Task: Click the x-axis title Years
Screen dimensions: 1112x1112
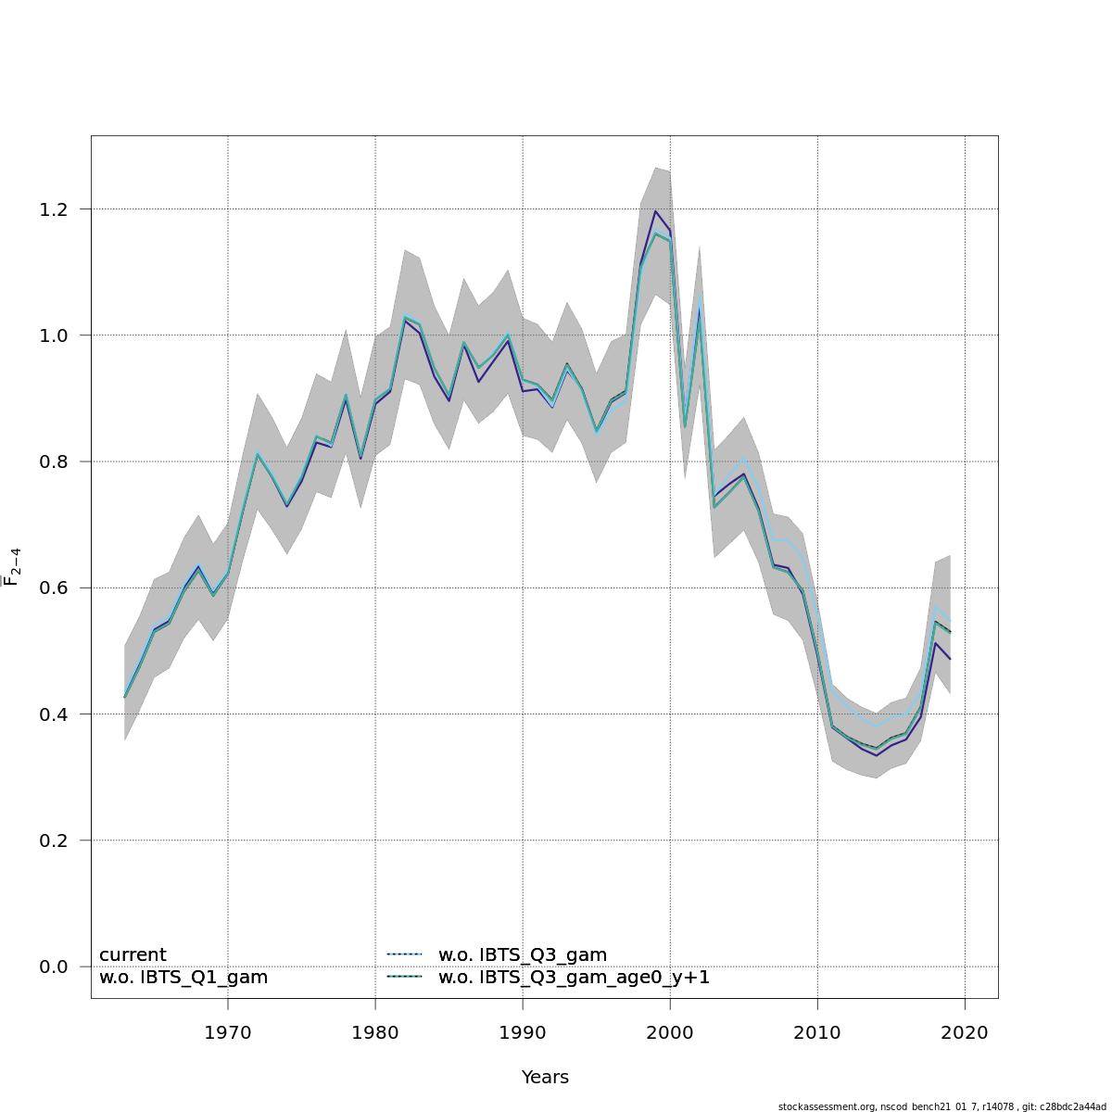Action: tap(545, 1078)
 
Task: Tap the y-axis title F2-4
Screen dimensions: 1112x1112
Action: tap(13, 567)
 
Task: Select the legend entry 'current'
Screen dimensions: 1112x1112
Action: tap(133, 955)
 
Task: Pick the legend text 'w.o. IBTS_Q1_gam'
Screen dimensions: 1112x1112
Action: tap(183, 978)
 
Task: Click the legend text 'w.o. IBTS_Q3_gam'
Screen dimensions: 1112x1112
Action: tap(523, 955)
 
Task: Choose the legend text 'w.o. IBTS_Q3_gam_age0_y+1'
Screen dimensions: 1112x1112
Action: tap(574, 978)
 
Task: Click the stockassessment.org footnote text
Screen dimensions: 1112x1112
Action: tap(941, 1106)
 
